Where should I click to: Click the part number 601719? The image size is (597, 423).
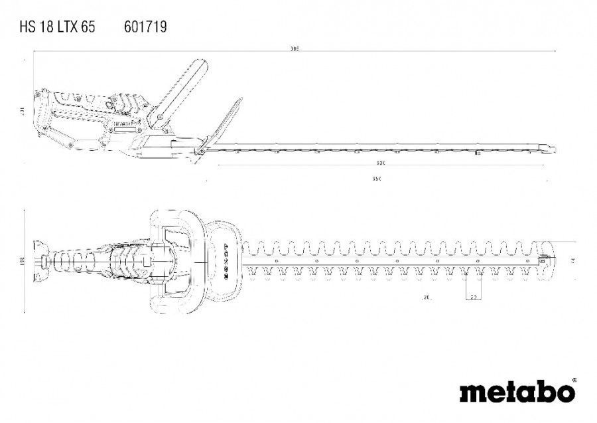point(145,27)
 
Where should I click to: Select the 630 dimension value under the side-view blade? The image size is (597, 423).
point(379,163)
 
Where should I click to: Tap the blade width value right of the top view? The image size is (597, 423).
point(570,256)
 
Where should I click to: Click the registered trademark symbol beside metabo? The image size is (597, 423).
point(573,381)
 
